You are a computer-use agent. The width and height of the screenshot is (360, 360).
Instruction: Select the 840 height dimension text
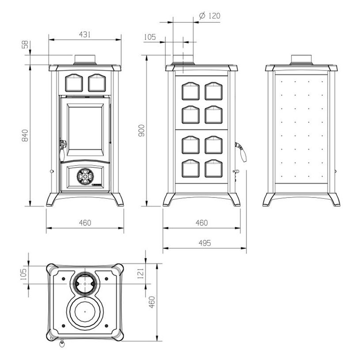[x=25, y=136]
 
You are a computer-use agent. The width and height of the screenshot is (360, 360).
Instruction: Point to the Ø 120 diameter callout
[x=210, y=16]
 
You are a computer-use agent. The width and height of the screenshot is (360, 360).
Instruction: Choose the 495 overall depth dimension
[x=204, y=243]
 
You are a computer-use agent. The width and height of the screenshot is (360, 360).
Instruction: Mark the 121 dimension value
[x=141, y=274]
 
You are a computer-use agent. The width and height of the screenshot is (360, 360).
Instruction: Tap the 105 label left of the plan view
[x=24, y=274]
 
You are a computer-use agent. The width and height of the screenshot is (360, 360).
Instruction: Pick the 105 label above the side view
[x=150, y=37]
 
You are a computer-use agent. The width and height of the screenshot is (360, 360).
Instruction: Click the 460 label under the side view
[x=201, y=223]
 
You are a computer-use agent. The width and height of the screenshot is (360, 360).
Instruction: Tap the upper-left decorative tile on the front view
[x=73, y=82]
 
